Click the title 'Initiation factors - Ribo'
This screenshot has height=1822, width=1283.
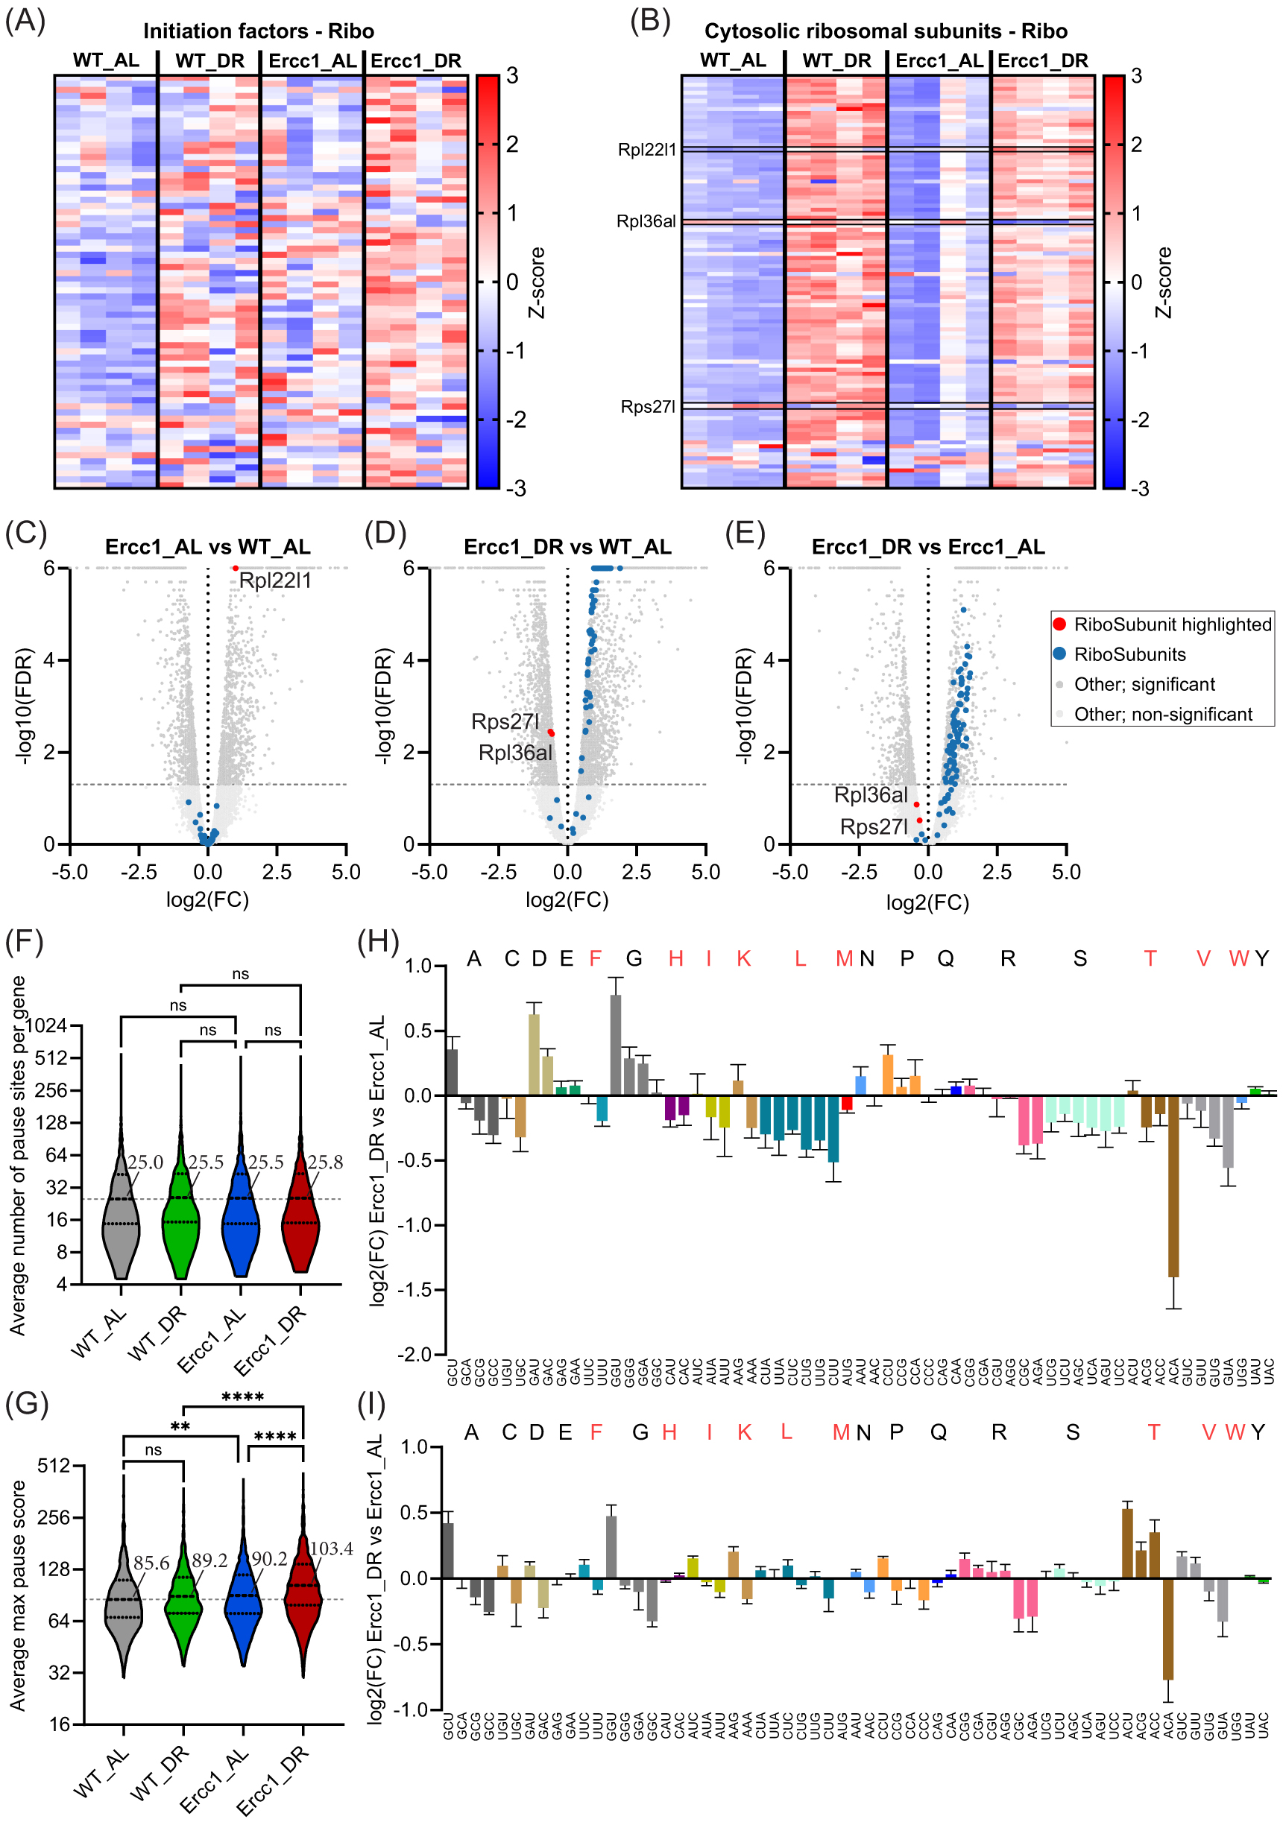point(258,31)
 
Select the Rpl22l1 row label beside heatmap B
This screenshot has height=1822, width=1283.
point(646,150)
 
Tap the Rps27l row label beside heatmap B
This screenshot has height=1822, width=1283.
point(648,407)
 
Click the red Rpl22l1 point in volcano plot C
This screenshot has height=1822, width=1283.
point(236,568)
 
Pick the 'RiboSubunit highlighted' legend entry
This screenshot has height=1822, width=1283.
point(1171,624)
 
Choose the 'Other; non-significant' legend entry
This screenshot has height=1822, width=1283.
point(1162,714)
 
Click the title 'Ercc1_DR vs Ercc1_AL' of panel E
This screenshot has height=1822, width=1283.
point(927,547)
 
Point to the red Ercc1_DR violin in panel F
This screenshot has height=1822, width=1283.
point(301,1214)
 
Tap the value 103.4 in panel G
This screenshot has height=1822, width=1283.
point(330,1549)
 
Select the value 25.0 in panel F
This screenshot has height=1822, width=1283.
point(145,1163)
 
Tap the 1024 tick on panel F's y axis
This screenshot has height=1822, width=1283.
point(47,1025)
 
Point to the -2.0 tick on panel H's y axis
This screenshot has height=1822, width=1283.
point(417,1354)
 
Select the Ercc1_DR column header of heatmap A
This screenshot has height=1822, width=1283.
point(415,61)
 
